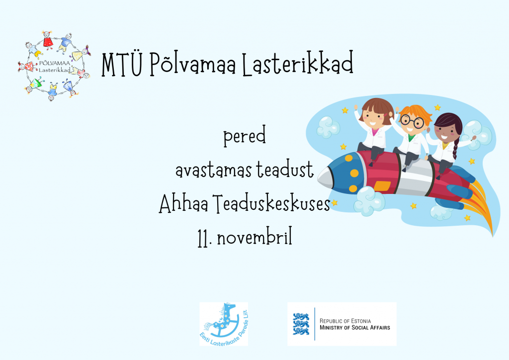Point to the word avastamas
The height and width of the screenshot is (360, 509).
point(213,170)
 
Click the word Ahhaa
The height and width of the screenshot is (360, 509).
point(183,203)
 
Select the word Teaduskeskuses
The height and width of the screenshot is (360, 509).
point(272,203)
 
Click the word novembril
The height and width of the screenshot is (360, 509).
point(254,237)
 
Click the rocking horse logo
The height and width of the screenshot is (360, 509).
point(224,324)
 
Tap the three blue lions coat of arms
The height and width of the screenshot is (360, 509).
point(301,324)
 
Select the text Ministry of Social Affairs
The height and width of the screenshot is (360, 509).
point(355,328)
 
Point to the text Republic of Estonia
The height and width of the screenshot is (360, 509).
point(345,321)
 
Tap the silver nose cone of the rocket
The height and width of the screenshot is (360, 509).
point(325,178)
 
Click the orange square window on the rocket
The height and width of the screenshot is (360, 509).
point(382,185)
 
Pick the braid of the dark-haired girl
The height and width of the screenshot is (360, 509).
point(456,148)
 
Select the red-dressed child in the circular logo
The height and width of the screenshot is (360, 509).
point(48,40)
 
